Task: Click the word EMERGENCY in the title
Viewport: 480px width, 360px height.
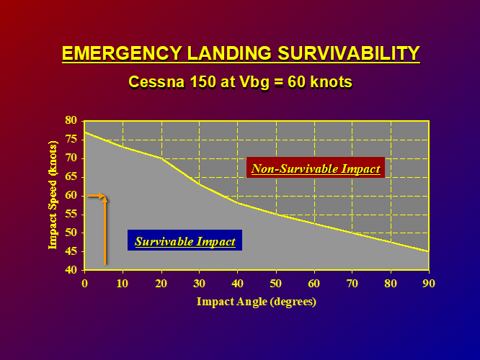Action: (x=122, y=53)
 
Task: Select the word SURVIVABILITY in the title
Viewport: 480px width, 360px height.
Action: (x=349, y=53)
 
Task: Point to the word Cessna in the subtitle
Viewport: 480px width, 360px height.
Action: (x=156, y=81)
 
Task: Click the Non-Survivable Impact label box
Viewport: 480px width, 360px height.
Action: (x=316, y=168)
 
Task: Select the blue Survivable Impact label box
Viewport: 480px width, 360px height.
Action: (x=185, y=240)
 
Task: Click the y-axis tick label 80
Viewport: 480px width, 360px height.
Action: (x=71, y=120)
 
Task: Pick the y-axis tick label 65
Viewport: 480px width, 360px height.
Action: (x=71, y=177)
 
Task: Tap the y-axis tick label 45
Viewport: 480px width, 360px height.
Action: (x=71, y=252)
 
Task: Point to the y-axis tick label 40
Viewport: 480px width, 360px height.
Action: (x=71, y=270)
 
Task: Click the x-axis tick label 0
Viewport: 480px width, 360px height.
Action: (x=84, y=284)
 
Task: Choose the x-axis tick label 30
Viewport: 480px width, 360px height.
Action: (x=199, y=284)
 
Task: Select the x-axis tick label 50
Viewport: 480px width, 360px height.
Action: (x=275, y=284)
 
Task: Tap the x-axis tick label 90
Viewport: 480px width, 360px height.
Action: (x=429, y=284)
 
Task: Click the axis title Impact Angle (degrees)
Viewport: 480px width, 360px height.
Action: (x=257, y=302)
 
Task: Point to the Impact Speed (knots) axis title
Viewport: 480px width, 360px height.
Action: (x=53, y=195)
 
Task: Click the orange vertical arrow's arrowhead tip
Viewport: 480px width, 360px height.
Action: (x=105, y=197)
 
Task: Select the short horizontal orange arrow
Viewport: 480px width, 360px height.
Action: (x=96, y=195)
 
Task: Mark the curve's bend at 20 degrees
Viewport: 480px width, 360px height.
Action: (x=161, y=158)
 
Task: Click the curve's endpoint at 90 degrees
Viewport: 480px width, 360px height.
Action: (x=429, y=251)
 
